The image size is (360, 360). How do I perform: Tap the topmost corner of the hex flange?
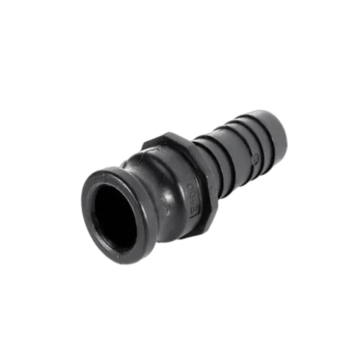point(164,132)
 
